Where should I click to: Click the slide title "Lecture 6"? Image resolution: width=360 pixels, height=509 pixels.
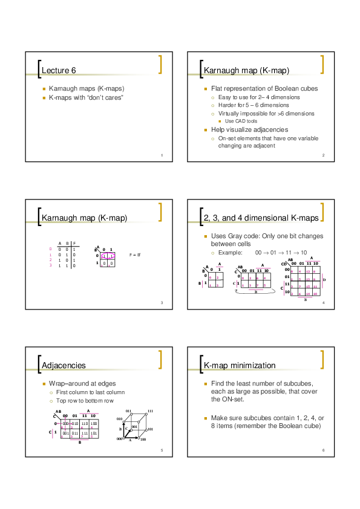(59, 71)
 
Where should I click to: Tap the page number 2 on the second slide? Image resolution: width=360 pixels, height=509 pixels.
(324, 156)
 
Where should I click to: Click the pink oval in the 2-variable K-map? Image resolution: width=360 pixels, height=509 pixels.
(108, 256)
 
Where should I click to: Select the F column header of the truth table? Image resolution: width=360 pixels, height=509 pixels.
(74, 243)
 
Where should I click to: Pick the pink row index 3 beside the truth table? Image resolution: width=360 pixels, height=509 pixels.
(50, 265)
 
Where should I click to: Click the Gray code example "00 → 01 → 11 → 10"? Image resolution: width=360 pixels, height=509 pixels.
(281, 252)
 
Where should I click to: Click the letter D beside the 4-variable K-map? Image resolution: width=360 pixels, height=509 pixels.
(324, 280)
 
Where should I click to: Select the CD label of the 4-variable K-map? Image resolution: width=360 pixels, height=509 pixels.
(286, 264)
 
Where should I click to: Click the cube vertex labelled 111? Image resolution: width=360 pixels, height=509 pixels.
(149, 410)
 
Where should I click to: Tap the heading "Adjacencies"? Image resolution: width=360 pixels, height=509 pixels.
(64, 366)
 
